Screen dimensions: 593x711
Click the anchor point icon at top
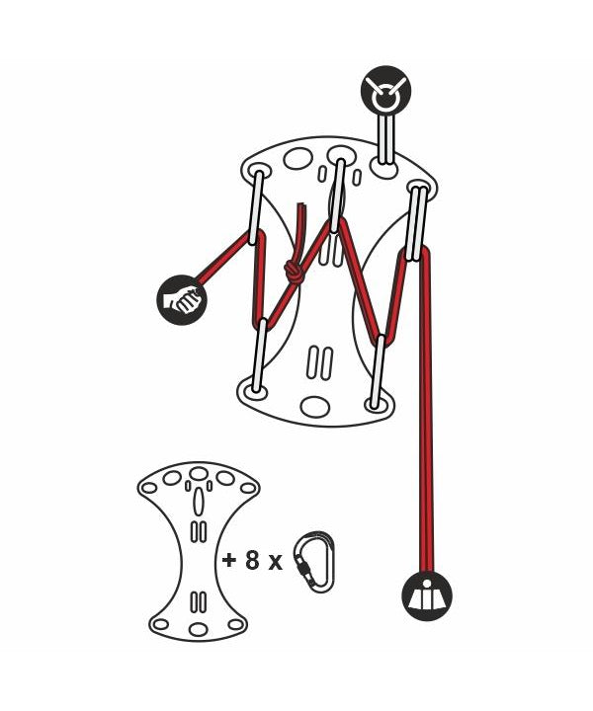pos(385,90)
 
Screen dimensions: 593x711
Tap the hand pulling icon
pos(182,300)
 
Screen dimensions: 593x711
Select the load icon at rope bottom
pos(427,595)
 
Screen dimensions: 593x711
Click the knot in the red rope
pos(294,273)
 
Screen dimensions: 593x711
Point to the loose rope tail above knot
pos(301,231)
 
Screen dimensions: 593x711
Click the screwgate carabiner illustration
pos(314,561)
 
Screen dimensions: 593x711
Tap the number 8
pos(252,561)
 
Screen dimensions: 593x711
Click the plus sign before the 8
pos(229,561)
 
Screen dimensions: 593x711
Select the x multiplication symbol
pos(275,563)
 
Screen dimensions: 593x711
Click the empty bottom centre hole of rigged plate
pos(315,407)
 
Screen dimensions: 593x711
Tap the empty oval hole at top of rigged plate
pos(297,159)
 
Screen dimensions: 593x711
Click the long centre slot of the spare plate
pos(198,502)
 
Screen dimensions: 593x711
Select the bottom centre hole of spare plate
pos(198,629)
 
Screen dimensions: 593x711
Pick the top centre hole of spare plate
pos(199,473)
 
